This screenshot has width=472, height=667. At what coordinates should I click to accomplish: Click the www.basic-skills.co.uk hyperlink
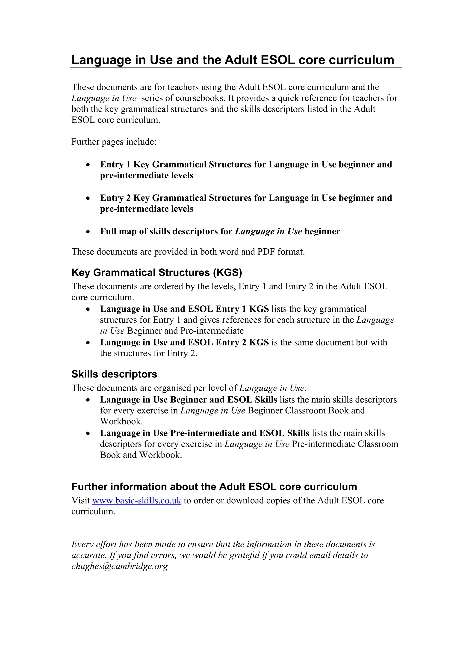137,501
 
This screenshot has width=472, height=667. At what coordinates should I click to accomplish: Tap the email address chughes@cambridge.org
120,566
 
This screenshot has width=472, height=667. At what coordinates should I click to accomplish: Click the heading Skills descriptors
114,374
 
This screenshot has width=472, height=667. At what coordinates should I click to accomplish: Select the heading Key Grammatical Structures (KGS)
157,273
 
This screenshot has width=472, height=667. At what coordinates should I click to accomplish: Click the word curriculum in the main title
361,60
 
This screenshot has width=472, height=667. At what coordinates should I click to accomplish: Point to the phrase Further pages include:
114,142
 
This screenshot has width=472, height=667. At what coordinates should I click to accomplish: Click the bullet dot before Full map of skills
88,232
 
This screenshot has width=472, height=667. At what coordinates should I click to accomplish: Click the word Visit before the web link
81,501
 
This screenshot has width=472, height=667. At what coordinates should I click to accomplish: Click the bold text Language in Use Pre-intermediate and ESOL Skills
204,433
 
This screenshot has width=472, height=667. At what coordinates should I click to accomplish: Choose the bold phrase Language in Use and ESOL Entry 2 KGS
184,342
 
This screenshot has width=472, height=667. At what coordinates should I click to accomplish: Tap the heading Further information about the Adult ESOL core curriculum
214,487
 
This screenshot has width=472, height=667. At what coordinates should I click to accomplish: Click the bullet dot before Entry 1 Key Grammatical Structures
88,165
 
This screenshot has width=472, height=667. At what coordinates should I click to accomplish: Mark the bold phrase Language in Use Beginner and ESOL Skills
189,400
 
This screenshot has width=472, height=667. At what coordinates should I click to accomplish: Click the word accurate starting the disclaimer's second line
89,555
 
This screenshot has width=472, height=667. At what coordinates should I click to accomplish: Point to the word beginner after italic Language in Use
322,232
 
